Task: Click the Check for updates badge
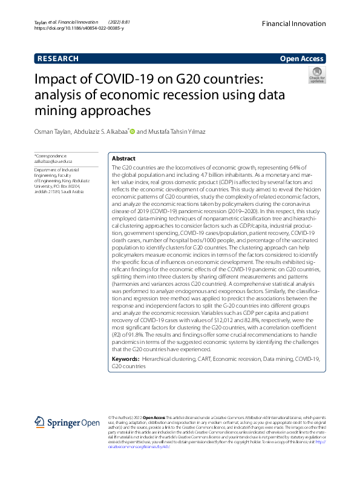[317, 75]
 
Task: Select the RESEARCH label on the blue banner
[58, 59]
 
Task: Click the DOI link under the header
[79, 28]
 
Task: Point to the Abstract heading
[124, 158]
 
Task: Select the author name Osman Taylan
[52, 131]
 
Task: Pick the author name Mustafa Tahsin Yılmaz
[180, 131]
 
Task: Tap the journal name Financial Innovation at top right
[293, 22]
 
